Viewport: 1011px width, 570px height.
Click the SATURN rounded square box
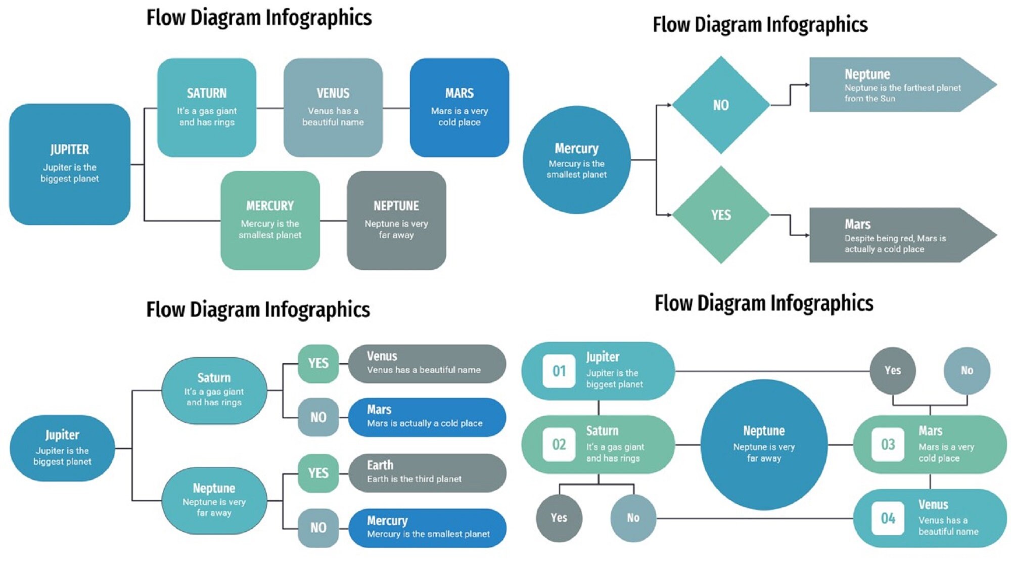click(x=206, y=107)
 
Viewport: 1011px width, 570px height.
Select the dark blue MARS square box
click(x=459, y=107)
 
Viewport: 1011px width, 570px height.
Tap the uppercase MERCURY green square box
click(x=270, y=220)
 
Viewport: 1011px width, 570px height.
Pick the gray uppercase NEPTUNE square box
click(x=396, y=220)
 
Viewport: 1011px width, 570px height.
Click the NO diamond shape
click(x=721, y=105)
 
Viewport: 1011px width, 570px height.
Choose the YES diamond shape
click(x=721, y=215)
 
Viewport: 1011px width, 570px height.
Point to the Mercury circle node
click(x=576, y=160)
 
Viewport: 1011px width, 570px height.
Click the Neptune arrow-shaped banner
click(x=895, y=84)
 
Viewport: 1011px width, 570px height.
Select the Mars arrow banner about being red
click(x=895, y=235)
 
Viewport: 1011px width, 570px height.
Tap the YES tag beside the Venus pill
click(x=318, y=363)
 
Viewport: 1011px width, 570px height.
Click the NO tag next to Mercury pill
click(x=318, y=528)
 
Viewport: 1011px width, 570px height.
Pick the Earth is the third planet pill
click(x=427, y=472)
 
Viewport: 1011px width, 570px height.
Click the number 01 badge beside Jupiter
click(x=559, y=371)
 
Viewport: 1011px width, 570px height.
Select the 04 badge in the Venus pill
click(x=888, y=518)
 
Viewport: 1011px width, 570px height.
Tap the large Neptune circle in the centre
click(x=764, y=444)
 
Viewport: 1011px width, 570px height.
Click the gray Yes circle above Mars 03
click(x=892, y=370)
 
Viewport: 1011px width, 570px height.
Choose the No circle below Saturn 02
click(x=633, y=518)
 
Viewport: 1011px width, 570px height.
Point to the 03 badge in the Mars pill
click(x=888, y=445)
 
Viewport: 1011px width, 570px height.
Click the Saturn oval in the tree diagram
click(x=214, y=390)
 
